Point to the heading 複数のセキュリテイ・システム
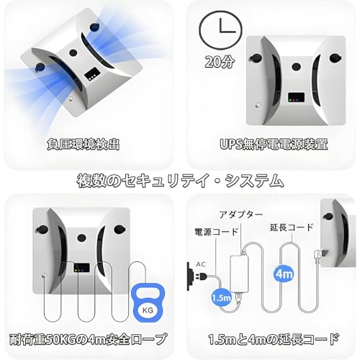click(x=180, y=180)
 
